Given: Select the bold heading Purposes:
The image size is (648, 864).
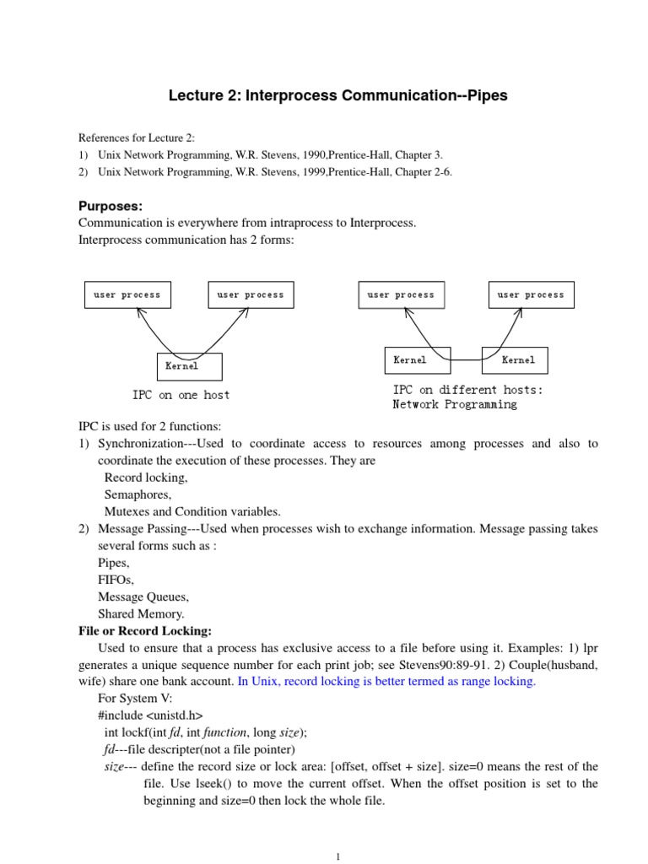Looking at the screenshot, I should coord(111,206).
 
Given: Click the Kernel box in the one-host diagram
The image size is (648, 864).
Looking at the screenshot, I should coord(189,366).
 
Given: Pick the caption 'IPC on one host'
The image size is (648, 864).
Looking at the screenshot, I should coord(181,395).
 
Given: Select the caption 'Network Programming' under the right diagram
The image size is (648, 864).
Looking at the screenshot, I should coord(455,404).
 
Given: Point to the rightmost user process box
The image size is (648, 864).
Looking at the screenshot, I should coord(532,294).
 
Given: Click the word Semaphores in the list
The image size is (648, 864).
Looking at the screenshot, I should coord(138,494).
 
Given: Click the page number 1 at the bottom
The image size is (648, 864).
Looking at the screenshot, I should coord(337,856).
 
